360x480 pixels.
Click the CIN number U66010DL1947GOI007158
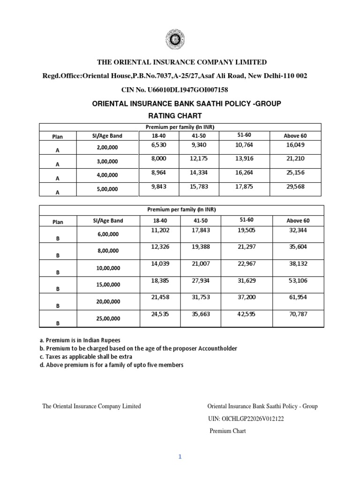coord(180,90)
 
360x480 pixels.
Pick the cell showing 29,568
coord(295,186)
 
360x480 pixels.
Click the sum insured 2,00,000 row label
coord(108,148)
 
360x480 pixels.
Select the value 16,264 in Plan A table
coord(244,172)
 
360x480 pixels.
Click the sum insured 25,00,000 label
coord(108,318)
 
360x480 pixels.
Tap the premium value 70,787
coord(298,314)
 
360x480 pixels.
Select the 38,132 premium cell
coord(298,263)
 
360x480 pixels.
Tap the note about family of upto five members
coord(111,365)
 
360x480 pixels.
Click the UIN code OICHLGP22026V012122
coord(246,419)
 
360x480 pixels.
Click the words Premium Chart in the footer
coord(227,431)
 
